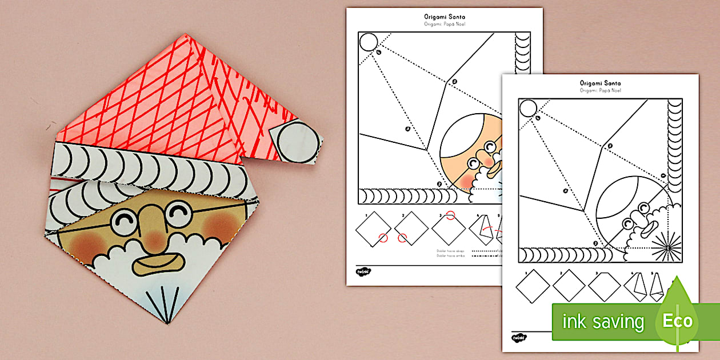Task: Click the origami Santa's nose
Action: pos(150,222)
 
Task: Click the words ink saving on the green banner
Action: pos(603,322)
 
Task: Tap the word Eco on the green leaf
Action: pos(678,321)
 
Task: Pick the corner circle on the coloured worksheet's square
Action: pos(368,42)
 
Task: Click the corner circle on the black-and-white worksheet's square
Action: pos(528,107)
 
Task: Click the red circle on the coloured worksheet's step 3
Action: pos(451,215)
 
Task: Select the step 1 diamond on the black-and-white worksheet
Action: pos(532,285)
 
